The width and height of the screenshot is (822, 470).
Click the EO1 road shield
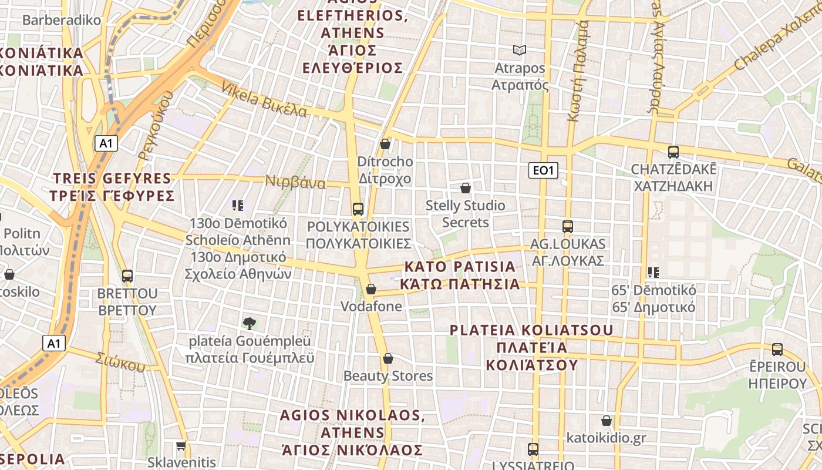[x=543, y=170]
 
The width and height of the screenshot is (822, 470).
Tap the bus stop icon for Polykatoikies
[x=358, y=209]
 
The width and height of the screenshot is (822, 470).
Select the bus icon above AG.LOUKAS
[x=567, y=226]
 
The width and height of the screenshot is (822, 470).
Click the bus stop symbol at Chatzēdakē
[x=673, y=152]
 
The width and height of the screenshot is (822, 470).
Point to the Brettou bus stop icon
[x=127, y=276]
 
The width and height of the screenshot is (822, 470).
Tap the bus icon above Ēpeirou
[x=777, y=349]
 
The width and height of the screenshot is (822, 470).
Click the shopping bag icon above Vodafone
[x=371, y=289]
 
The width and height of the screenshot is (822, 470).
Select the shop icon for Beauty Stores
[x=388, y=358]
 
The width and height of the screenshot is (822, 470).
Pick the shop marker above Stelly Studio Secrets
[x=466, y=188]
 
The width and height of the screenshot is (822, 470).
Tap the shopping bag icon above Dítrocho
[x=385, y=144]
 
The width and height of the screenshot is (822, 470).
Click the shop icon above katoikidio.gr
[x=607, y=421]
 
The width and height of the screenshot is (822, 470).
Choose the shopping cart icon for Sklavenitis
[x=181, y=446]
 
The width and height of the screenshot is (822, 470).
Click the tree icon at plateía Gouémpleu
[x=249, y=323]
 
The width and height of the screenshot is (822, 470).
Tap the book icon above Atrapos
[x=519, y=51]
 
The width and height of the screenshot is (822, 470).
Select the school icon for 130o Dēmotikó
[x=238, y=205]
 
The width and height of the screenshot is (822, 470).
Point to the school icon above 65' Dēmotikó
[x=653, y=272]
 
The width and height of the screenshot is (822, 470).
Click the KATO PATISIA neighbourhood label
[x=460, y=275]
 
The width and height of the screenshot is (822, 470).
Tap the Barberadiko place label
[x=62, y=20]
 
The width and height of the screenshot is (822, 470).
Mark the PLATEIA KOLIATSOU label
[x=531, y=347]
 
